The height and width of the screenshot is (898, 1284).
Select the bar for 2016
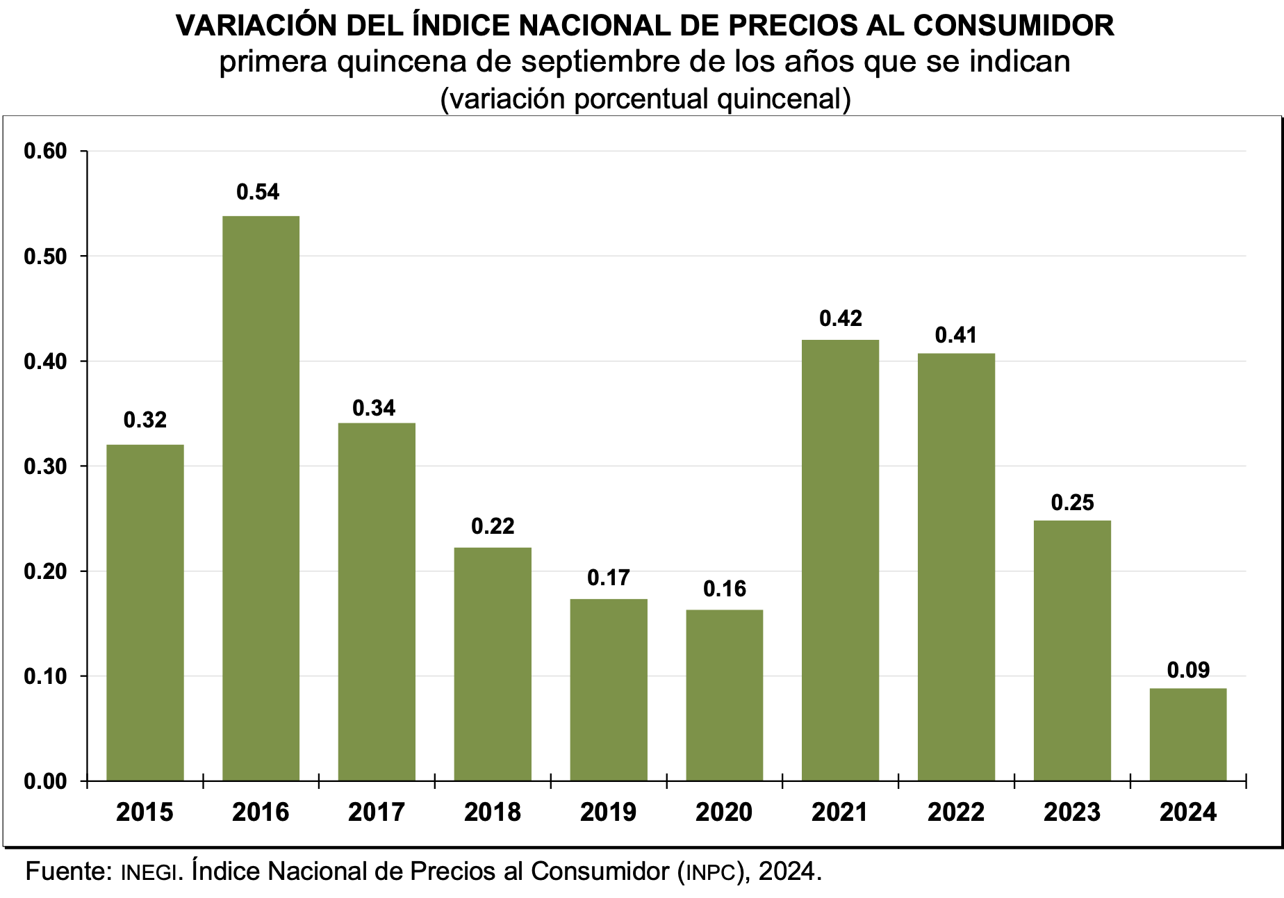[261, 498]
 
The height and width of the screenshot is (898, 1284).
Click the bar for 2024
[1187, 734]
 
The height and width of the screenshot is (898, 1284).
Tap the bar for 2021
[840, 560]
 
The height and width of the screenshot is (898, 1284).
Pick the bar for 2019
[609, 689]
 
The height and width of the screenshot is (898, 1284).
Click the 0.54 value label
[258, 192]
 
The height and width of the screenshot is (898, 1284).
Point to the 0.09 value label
[1188, 670]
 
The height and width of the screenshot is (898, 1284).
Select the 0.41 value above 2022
[956, 335]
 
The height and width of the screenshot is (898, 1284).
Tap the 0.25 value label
[1072, 503]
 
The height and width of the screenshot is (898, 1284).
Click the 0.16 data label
[725, 589]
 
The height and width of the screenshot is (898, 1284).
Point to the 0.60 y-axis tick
[45, 151]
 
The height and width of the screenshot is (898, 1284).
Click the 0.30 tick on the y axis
[45, 466]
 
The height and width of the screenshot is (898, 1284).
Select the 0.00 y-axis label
[45, 781]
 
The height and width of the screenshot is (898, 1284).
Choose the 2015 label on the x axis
[145, 812]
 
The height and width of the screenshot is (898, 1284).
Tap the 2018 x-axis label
[493, 812]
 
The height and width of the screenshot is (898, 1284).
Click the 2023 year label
[1072, 812]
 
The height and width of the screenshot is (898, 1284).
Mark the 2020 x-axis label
[724, 812]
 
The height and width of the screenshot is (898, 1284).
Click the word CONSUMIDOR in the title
[1013, 26]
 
